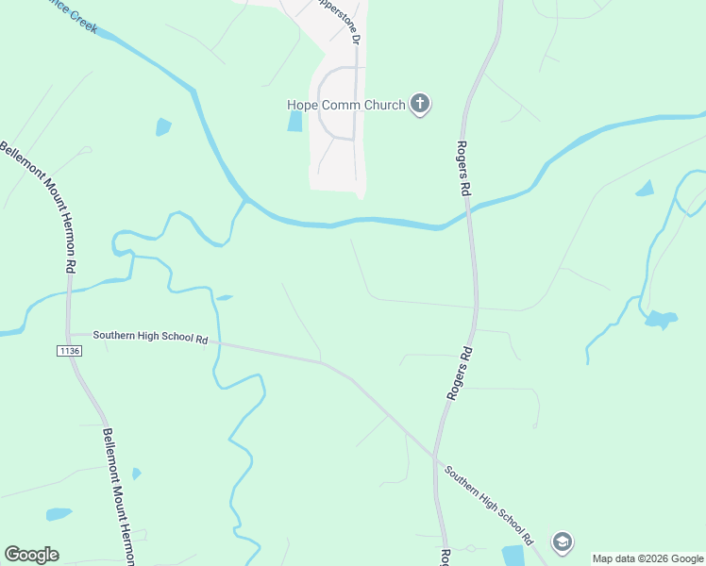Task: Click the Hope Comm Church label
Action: click(346, 105)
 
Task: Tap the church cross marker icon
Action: click(420, 105)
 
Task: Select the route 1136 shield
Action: click(69, 351)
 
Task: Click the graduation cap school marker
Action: click(563, 541)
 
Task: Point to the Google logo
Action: click(31, 555)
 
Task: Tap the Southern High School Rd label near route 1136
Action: click(151, 337)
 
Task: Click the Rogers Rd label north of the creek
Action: click(463, 169)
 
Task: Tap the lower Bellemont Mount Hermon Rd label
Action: click(121, 495)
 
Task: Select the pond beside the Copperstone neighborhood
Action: click(294, 122)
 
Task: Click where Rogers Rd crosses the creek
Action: click(467, 215)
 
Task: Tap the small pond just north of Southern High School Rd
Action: click(224, 298)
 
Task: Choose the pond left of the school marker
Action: click(513, 555)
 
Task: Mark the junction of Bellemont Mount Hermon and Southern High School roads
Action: click(69, 334)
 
